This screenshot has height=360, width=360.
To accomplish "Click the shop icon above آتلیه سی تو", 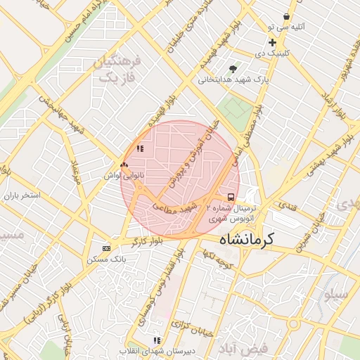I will (286, 16).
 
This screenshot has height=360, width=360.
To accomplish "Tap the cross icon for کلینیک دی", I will (272, 43).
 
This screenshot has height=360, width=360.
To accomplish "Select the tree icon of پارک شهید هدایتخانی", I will (233, 69).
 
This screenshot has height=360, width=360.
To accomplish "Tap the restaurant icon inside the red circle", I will (139, 148).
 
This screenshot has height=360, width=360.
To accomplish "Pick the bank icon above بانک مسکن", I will (106, 248).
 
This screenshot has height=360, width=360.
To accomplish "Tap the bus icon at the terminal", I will (231, 197).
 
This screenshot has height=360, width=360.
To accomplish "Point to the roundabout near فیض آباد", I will (293, 324).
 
